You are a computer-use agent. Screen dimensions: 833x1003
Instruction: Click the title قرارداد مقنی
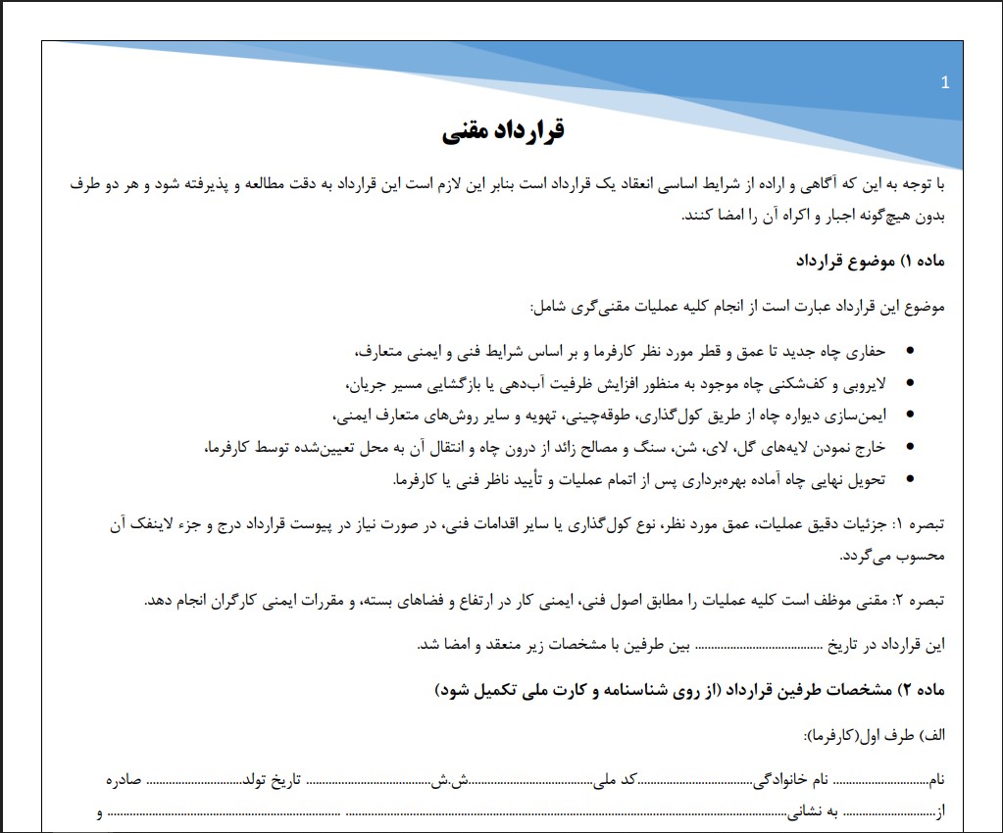click(503, 130)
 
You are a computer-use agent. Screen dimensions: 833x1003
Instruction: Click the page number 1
click(944, 83)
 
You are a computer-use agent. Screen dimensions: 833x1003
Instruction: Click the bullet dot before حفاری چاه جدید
click(911, 351)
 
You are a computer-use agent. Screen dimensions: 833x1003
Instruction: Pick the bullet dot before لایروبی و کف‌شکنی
click(911, 383)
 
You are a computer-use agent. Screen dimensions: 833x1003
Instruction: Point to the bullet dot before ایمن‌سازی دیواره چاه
click(911, 416)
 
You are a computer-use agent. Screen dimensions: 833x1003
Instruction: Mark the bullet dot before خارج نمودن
click(911, 448)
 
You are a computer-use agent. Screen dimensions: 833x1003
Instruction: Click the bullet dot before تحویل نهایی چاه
click(911, 480)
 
